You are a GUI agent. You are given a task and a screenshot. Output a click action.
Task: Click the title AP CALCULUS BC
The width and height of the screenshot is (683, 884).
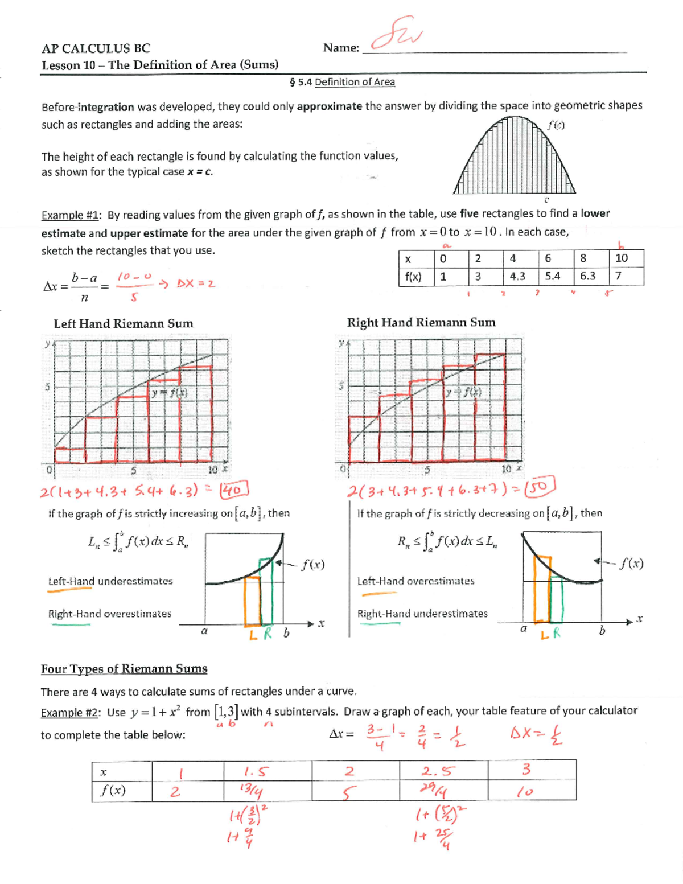(96, 48)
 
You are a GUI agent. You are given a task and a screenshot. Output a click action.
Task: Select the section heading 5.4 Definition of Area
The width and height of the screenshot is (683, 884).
(342, 82)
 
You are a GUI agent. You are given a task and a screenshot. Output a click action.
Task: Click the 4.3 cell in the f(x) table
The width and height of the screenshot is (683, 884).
(517, 276)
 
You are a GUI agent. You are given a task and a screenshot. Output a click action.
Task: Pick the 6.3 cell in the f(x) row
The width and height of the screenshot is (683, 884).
(587, 276)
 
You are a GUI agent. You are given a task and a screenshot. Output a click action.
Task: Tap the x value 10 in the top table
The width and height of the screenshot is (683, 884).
(622, 258)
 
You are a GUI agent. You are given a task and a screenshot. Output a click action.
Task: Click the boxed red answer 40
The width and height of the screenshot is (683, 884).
(234, 490)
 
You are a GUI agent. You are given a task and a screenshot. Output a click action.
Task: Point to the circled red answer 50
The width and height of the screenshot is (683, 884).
(540, 488)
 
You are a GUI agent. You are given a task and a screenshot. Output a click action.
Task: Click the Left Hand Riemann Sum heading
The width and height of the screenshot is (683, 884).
(123, 324)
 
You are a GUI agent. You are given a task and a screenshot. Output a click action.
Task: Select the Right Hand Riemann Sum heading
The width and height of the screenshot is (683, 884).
(421, 323)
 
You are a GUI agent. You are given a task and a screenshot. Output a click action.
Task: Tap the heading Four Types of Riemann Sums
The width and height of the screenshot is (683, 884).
(124, 669)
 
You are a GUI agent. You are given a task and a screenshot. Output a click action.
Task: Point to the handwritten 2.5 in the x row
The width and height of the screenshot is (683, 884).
(438, 771)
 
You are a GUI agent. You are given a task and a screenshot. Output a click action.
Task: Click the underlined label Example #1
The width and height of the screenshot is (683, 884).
(71, 215)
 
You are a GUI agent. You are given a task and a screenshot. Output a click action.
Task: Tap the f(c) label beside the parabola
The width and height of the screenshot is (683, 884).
(556, 125)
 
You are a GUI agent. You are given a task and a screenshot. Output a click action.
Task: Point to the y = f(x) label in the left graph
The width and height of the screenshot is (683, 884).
(169, 393)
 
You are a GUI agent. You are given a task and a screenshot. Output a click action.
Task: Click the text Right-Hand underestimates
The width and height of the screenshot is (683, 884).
(422, 614)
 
